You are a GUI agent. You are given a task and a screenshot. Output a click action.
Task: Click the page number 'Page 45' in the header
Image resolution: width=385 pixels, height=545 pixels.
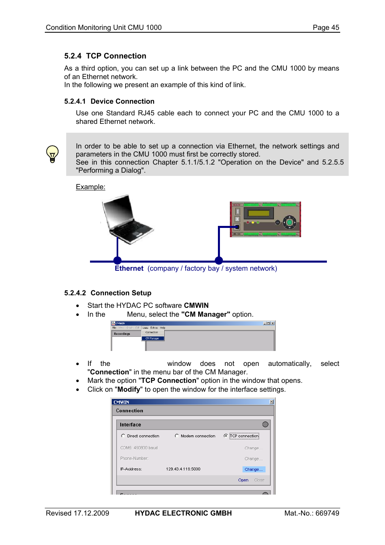[x=326, y=27]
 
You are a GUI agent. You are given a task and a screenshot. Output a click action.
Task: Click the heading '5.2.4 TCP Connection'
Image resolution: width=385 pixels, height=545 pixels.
[x=105, y=56]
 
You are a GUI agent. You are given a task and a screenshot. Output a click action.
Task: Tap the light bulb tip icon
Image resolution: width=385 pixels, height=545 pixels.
[x=52, y=154]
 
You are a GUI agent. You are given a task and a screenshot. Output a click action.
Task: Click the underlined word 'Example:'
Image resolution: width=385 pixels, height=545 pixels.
[x=90, y=187]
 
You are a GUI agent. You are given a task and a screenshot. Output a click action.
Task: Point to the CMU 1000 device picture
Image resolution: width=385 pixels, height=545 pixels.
[x=266, y=219]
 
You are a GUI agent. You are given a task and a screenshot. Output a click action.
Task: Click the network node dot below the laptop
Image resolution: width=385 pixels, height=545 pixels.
[x=117, y=260]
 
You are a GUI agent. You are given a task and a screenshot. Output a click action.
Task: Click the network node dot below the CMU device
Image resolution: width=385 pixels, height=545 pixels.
[x=219, y=260]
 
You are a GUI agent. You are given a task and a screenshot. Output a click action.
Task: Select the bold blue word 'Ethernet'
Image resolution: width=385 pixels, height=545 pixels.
[x=129, y=269]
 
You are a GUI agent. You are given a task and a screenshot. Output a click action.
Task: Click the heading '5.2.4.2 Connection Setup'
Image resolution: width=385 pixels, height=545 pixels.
[x=108, y=293]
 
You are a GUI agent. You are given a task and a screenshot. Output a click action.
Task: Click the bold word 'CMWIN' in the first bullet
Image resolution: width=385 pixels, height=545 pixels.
[x=196, y=305]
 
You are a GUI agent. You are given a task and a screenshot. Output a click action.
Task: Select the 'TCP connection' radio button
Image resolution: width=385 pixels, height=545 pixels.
[x=226, y=436]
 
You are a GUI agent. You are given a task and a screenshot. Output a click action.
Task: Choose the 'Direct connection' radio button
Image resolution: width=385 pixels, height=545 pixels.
[x=123, y=436]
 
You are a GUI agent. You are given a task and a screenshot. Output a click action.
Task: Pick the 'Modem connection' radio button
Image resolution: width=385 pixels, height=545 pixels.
[x=177, y=436]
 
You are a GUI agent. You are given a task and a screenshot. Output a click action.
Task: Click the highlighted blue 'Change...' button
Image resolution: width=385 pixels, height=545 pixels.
[x=253, y=469]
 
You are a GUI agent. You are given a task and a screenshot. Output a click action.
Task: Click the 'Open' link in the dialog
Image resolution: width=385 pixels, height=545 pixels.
[x=243, y=480]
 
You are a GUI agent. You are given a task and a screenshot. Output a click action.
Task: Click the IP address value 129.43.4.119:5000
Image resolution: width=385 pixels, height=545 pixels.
[x=183, y=469]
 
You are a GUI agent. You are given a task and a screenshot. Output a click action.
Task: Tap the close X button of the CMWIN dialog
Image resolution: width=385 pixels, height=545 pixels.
[x=272, y=402]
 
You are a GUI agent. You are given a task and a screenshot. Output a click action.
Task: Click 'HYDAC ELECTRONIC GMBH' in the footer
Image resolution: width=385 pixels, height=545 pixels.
[x=183, y=513]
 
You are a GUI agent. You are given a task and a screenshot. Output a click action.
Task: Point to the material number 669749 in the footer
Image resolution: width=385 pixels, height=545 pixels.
[x=327, y=513]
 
